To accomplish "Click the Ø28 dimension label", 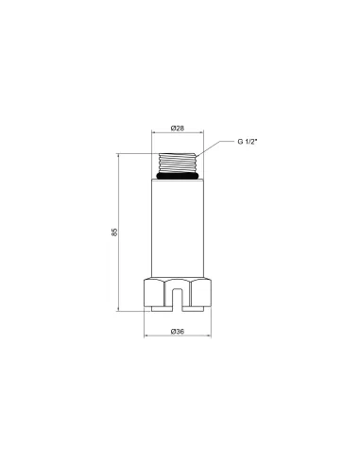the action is (178, 129).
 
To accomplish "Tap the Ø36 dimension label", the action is (178, 332).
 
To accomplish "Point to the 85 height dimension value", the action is (114, 232).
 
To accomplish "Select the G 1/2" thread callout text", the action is (248, 142).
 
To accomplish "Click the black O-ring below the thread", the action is (178, 176).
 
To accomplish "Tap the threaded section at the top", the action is (178, 163).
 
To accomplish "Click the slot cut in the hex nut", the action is (178, 299).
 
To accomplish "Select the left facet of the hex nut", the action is (154, 293).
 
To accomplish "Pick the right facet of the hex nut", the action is (201, 293).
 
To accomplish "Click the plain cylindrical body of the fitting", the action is (178, 229).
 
